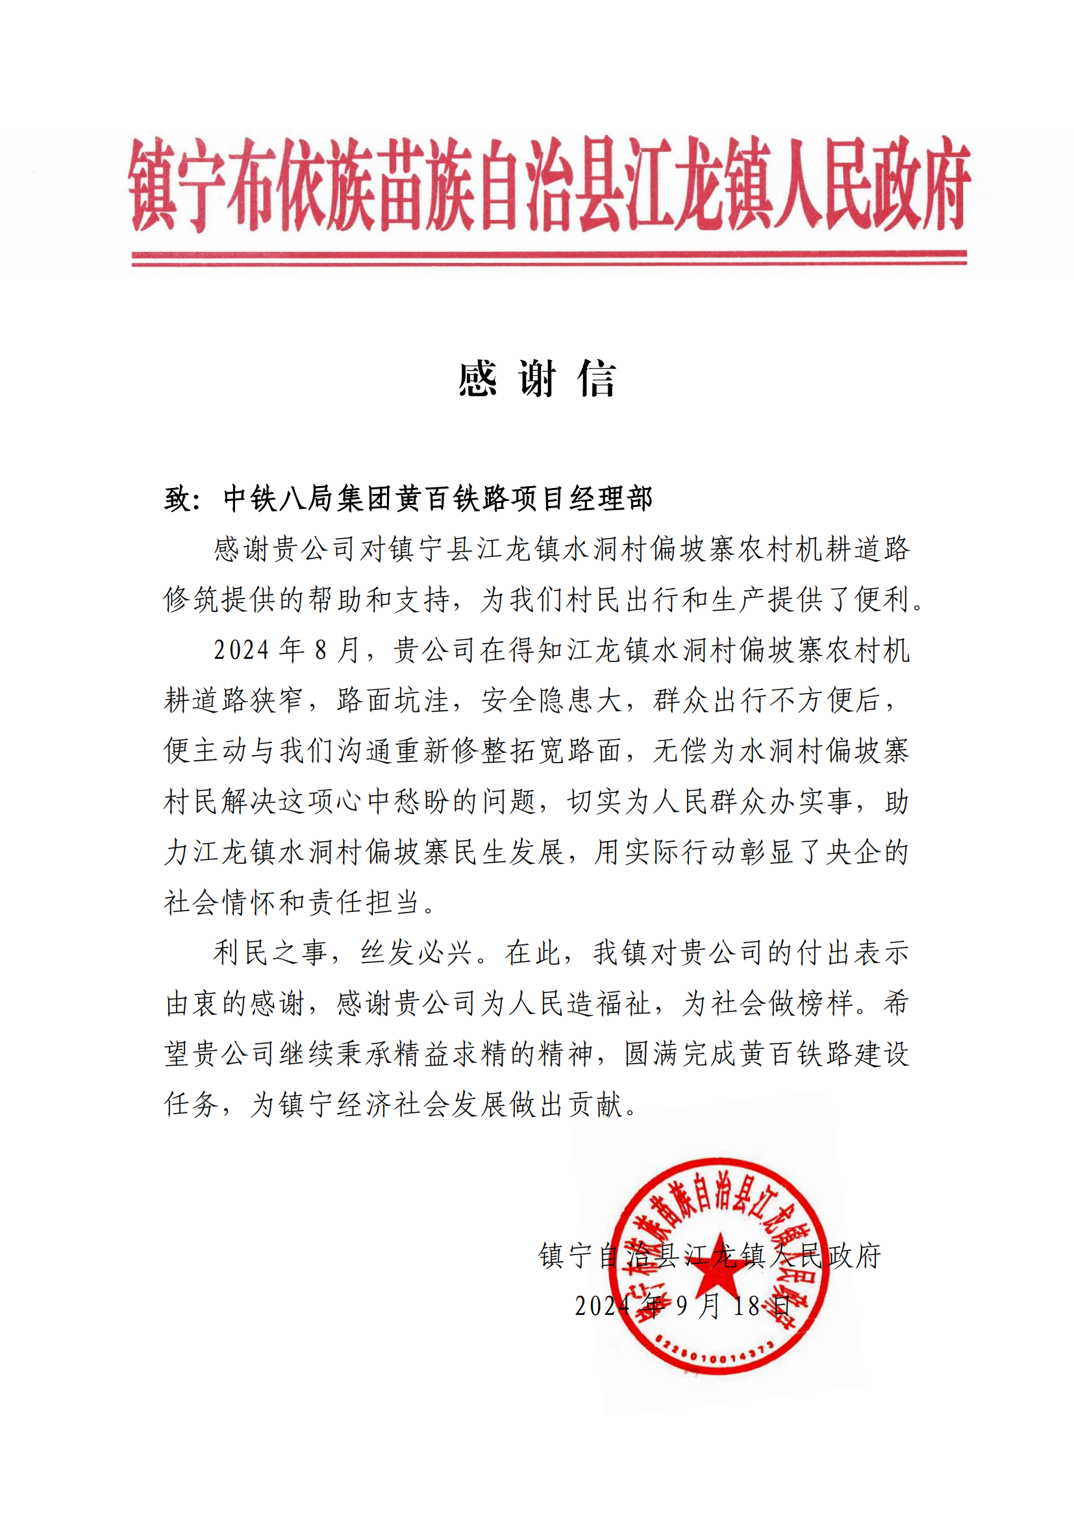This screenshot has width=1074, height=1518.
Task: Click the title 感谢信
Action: click(x=537, y=380)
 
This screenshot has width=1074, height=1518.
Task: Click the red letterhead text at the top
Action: click(x=549, y=184)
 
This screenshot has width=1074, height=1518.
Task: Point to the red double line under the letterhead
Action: click(x=549, y=258)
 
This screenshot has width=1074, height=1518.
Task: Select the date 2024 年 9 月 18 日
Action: click(x=682, y=1306)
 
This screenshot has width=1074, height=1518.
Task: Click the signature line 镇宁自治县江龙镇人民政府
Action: click(x=710, y=1256)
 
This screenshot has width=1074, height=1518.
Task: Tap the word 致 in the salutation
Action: click(x=177, y=498)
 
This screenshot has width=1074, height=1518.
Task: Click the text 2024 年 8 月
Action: click(x=286, y=650)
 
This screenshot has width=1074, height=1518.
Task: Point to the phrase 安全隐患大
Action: click(x=551, y=700)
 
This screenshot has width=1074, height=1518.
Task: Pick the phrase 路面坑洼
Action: click(x=393, y=700)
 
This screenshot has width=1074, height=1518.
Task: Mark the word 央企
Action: click(x=854, y=852)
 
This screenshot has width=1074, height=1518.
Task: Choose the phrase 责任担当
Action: click(x=366, y=903)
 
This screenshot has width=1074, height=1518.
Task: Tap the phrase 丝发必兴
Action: click(x=417, y=953)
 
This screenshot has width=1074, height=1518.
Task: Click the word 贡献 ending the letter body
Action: click(x=596, y=1105)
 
